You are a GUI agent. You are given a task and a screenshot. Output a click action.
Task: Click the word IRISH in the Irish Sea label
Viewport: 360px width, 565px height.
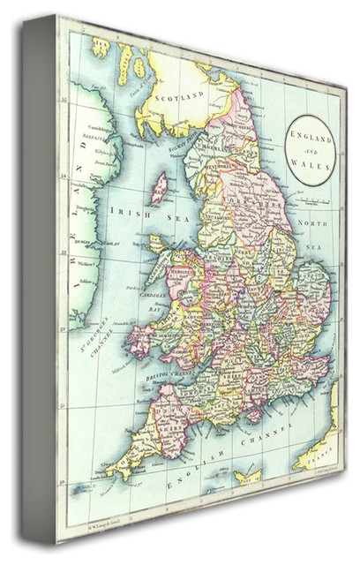tap(124, 212)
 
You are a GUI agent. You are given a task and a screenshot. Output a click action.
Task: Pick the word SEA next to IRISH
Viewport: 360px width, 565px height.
tap(160, 213)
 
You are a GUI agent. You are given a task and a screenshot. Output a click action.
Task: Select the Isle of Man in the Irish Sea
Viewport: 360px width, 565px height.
tap(160, 187)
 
